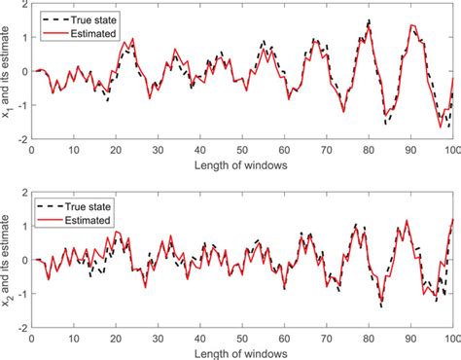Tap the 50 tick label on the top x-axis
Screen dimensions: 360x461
coord(242,151)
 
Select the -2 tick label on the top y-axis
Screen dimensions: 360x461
coord(21,139)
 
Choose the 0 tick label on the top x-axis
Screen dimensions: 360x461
coord(33,151)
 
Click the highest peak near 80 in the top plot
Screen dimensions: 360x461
coord(369,20)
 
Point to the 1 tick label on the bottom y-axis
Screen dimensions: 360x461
coord(24,226)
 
